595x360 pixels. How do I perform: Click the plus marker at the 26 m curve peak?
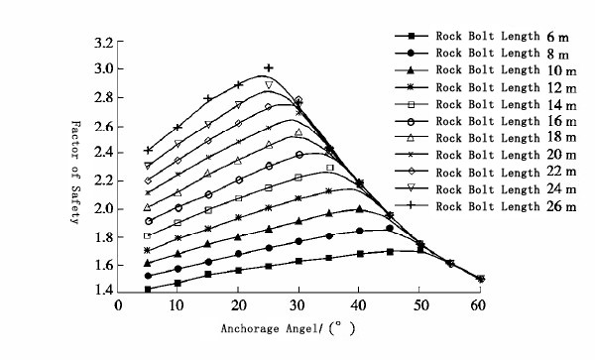click(x=268, y=67)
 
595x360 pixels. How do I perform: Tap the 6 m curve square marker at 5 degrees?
click(x=148, y=290)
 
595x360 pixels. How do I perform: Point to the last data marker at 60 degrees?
click(x=480, y=279)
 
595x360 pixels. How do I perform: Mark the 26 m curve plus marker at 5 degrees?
click(x=148, y=150)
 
